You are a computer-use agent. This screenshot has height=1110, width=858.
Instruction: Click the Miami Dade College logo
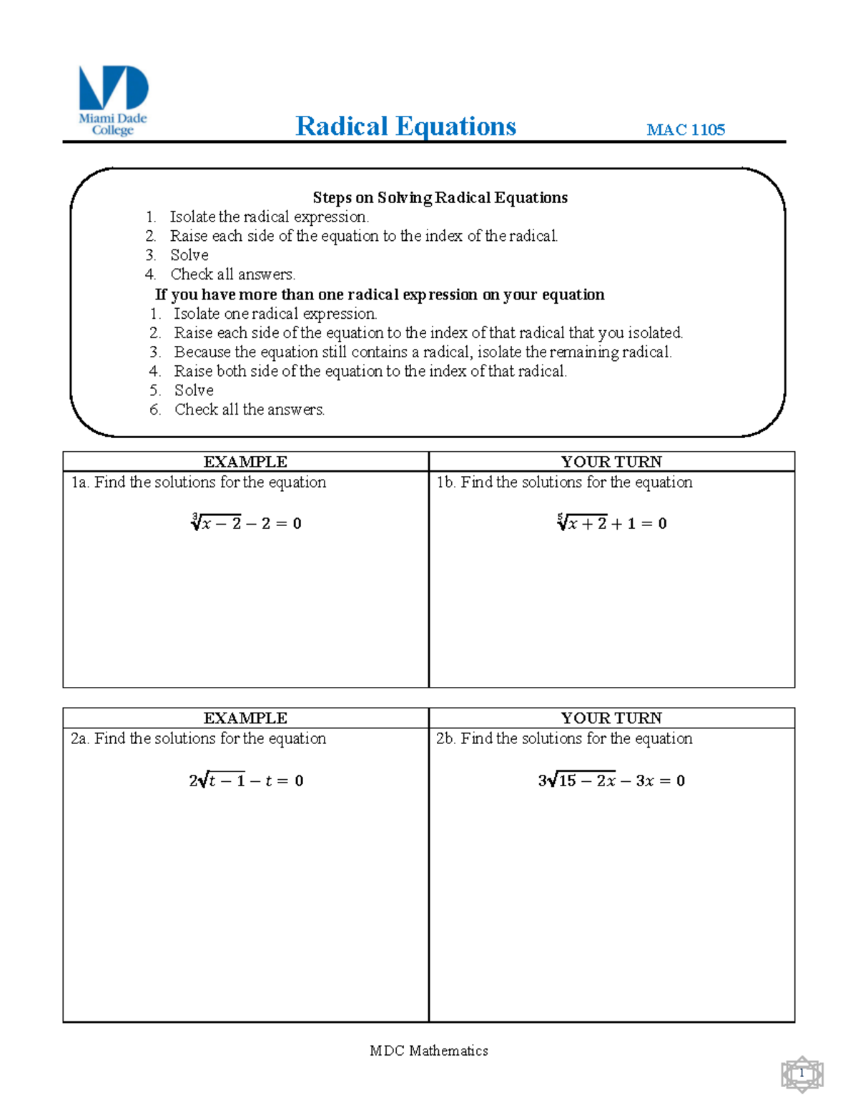(113, 100)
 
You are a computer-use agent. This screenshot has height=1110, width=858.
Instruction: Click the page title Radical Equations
(405, 127)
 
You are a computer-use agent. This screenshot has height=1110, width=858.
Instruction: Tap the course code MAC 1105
(685, 129)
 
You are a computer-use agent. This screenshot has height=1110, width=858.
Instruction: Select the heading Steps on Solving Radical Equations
(440, 197)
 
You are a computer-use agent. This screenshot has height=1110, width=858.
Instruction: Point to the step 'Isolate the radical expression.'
(269, 217)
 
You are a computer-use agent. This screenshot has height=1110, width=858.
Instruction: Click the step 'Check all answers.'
(232, 274)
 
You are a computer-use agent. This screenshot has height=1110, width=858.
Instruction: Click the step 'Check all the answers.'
(250, 410)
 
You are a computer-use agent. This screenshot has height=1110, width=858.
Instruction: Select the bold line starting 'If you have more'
(380, 294)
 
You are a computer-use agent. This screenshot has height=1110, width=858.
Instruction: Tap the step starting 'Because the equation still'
(423, 352)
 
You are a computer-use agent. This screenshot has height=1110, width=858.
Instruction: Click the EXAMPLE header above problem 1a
(245, 462)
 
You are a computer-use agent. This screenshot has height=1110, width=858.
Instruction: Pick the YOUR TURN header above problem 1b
(611, 462)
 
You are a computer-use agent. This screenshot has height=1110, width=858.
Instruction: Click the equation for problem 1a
(246, 522)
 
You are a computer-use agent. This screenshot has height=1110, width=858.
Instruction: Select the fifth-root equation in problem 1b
(611, 522)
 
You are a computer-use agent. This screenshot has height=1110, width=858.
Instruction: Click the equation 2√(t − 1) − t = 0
(246, 781)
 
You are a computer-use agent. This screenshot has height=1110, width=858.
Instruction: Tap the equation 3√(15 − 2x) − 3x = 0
(611, 781)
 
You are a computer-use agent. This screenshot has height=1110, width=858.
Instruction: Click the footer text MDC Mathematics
(429, 1051)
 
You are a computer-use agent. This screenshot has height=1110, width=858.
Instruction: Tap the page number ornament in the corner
(802, 1074)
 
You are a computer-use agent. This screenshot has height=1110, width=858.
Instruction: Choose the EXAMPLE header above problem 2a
(245, 718)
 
